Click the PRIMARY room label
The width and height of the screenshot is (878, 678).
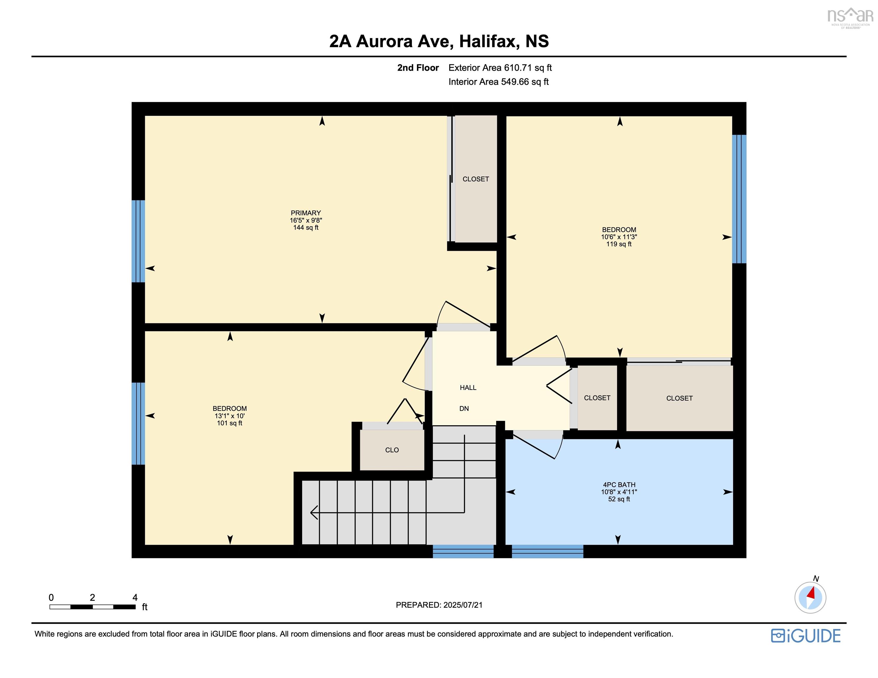tap(306, 213)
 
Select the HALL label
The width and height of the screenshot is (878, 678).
tap(468, 388)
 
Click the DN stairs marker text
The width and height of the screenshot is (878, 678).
tap(464, 408)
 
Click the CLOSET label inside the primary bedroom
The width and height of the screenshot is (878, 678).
tap(476, 179)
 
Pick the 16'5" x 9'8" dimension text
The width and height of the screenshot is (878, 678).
tap(306, 220)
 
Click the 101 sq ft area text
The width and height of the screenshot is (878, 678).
tap(230, 423)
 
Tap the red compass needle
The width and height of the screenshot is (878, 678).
tap(812, 593)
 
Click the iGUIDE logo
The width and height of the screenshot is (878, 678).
tap(806, 635)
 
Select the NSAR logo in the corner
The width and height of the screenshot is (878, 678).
tap(850, 17)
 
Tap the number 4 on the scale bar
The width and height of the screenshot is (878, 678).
tap(135, 597)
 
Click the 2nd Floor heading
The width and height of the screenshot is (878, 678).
tap(418, 67)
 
